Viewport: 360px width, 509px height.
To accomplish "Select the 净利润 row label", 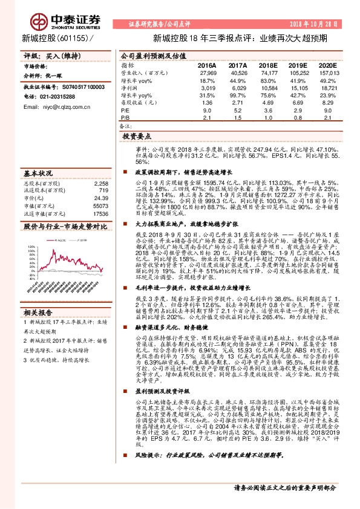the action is point(129,88).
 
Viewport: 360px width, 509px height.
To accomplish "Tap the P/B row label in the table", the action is point(126,118).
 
